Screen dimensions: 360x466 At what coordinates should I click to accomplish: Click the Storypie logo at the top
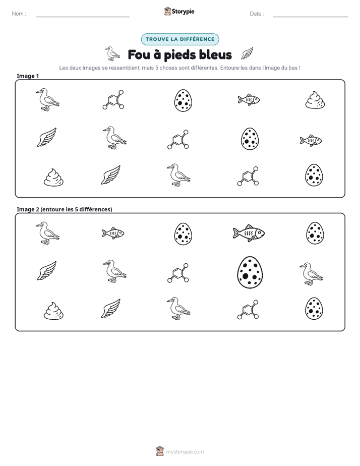coord(179,11)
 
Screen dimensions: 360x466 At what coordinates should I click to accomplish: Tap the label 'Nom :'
coord(19,14)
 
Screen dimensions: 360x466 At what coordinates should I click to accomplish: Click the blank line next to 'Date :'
coord(311,17)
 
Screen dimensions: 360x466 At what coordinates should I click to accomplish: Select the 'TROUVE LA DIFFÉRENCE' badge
coord(180,39)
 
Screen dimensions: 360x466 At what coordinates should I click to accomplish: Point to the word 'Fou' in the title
coord(139,54)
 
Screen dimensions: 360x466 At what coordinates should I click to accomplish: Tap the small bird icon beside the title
coord(112,53)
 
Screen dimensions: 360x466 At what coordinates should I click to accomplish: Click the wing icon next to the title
coord(247,53)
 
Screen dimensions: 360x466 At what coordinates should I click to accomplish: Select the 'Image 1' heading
coord(28,76)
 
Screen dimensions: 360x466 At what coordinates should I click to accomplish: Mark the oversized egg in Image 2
coord(250,272)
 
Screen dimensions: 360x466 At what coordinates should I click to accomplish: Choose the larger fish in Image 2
coord(249,232)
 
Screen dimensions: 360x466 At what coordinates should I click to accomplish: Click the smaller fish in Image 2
coord(113,232)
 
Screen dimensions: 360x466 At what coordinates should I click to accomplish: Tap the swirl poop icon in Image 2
coord(54,311)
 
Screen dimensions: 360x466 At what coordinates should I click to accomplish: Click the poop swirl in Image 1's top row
coord(315,100)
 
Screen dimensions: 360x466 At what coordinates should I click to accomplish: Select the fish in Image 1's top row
coord(249,99)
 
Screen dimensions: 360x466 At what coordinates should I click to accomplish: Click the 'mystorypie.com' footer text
coord(185,452)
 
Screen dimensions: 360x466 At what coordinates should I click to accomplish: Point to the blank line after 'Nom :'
coord(83,17)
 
